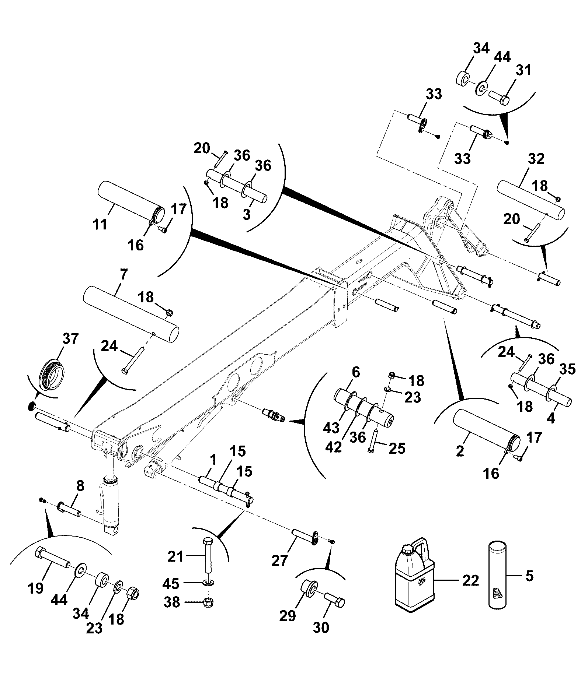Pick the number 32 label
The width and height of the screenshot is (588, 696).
536,159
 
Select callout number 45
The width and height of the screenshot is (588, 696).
171,584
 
